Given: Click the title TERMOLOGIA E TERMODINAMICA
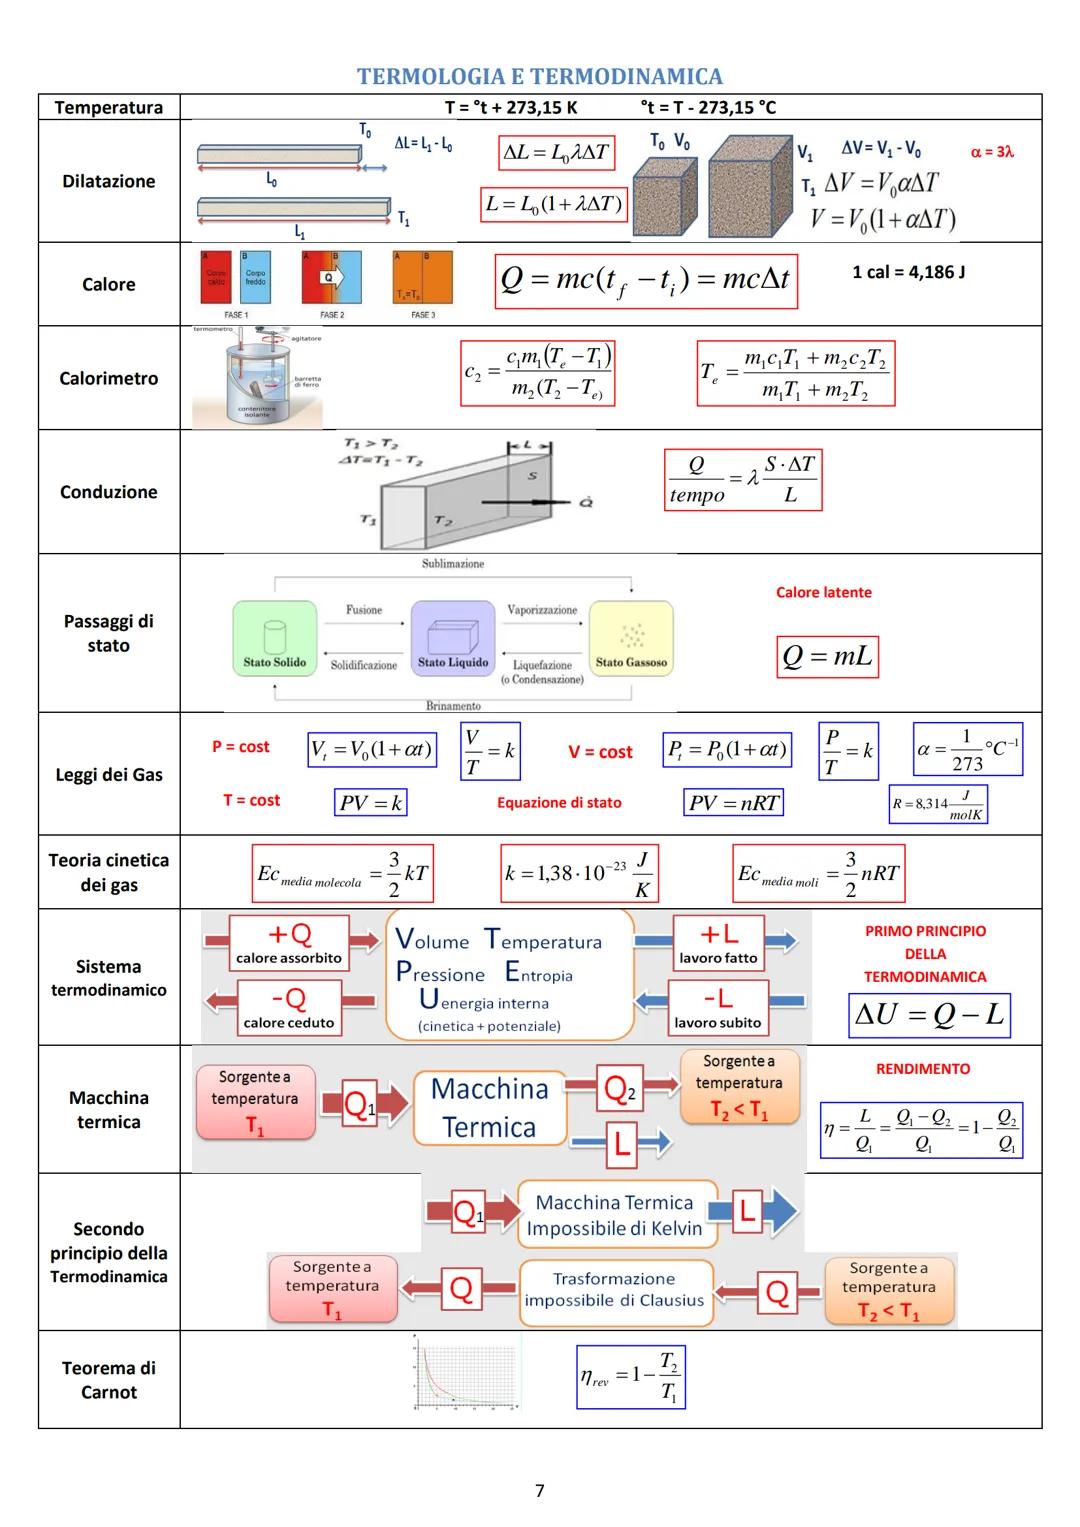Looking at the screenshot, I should (539, 77).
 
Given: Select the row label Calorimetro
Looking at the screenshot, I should (108, 378).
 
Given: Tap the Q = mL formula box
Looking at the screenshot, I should (827, 657).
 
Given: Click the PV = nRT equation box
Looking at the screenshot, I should (734, 802).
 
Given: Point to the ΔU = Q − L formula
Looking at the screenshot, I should (929, 1015).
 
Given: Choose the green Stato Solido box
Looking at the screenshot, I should (275, 638).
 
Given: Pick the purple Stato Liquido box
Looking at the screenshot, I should (453, 638).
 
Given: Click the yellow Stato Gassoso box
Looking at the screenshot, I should (631, 638).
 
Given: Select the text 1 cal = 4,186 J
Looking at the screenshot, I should (908, 272).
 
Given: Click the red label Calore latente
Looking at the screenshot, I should (823, 592).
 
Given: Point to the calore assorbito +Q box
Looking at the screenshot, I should (289, 943).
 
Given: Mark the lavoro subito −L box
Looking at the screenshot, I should (717, 1007).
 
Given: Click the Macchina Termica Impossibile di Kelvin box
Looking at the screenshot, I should (614, 1215).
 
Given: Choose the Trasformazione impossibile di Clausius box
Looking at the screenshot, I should (614, 1290).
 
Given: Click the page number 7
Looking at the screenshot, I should (540, 1491).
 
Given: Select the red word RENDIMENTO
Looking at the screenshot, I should (922, 1069).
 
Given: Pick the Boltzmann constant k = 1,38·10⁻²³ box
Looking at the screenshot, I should (579, 873).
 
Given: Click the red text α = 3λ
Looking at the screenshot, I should (992, 152).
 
